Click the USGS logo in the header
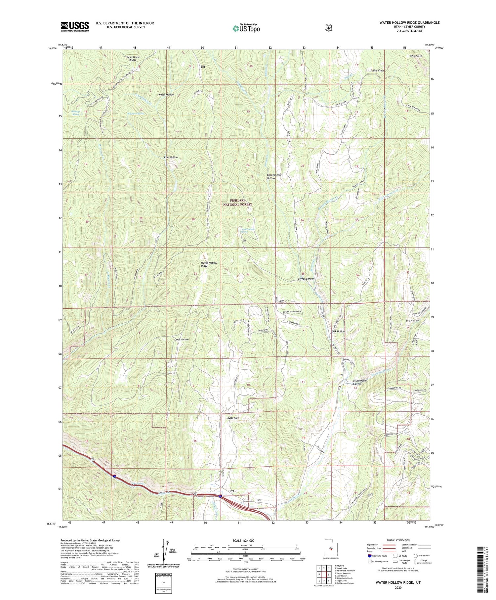(75, 26)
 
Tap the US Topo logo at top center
(246, 28)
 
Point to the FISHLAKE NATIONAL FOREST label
(241, 202)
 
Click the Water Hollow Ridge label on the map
(209, 264)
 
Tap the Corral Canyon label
(306, 279)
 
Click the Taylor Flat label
(232, 418)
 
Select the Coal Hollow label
(182, 340)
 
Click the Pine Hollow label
(171, 158)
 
